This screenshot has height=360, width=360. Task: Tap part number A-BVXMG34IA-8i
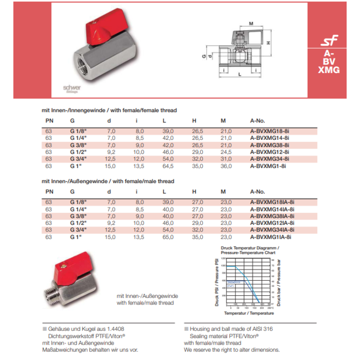coord(272,230)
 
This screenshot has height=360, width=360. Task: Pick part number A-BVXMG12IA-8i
coord(272,223)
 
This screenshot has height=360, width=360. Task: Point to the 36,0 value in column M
coord(226,166)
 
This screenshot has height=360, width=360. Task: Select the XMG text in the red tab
coord(329,70)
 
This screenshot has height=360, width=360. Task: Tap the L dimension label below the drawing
coord(240,75)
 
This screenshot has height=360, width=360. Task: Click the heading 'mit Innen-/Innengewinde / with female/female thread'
coord(109,110)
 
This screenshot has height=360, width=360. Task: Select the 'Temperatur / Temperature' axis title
coord(249,313)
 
